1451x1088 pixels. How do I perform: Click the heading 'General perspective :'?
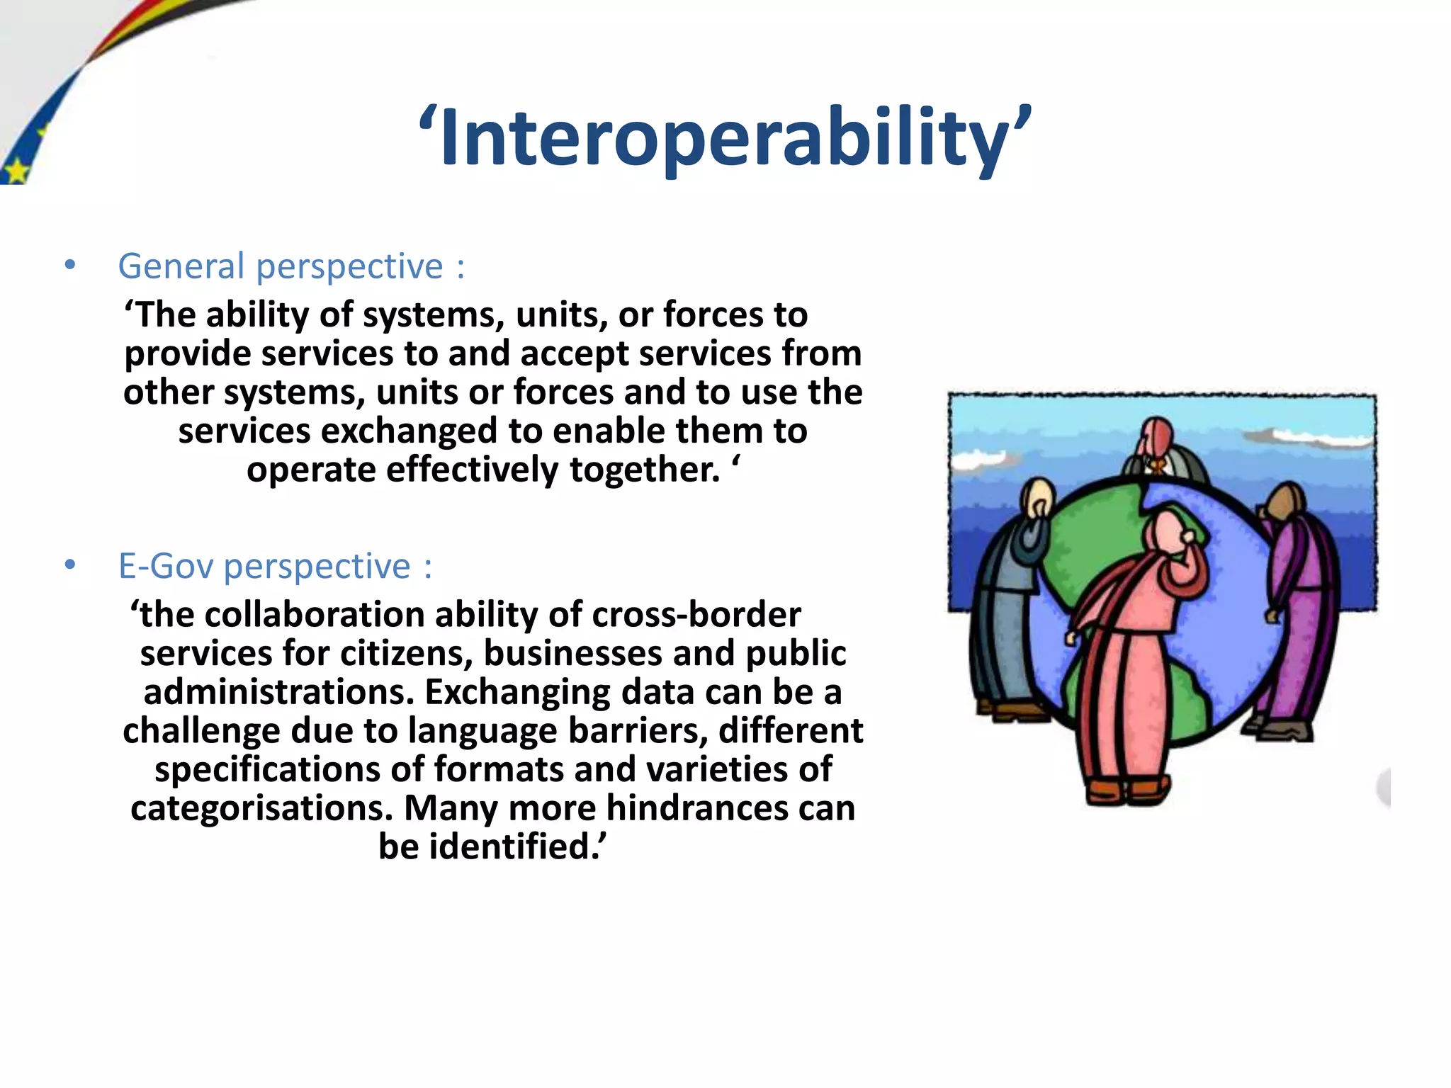(x=290, y=266)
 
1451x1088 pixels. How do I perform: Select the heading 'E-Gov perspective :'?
(x=275, y=566)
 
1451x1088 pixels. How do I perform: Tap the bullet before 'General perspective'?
(x=69, y=266)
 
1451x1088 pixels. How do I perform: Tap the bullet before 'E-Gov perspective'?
(x=69, y=565)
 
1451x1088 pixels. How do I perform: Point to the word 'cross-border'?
(x=696, y=614)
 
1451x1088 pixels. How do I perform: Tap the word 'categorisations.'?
(x=261, y=808)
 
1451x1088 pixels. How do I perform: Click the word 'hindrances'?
(x=696, y=808)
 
